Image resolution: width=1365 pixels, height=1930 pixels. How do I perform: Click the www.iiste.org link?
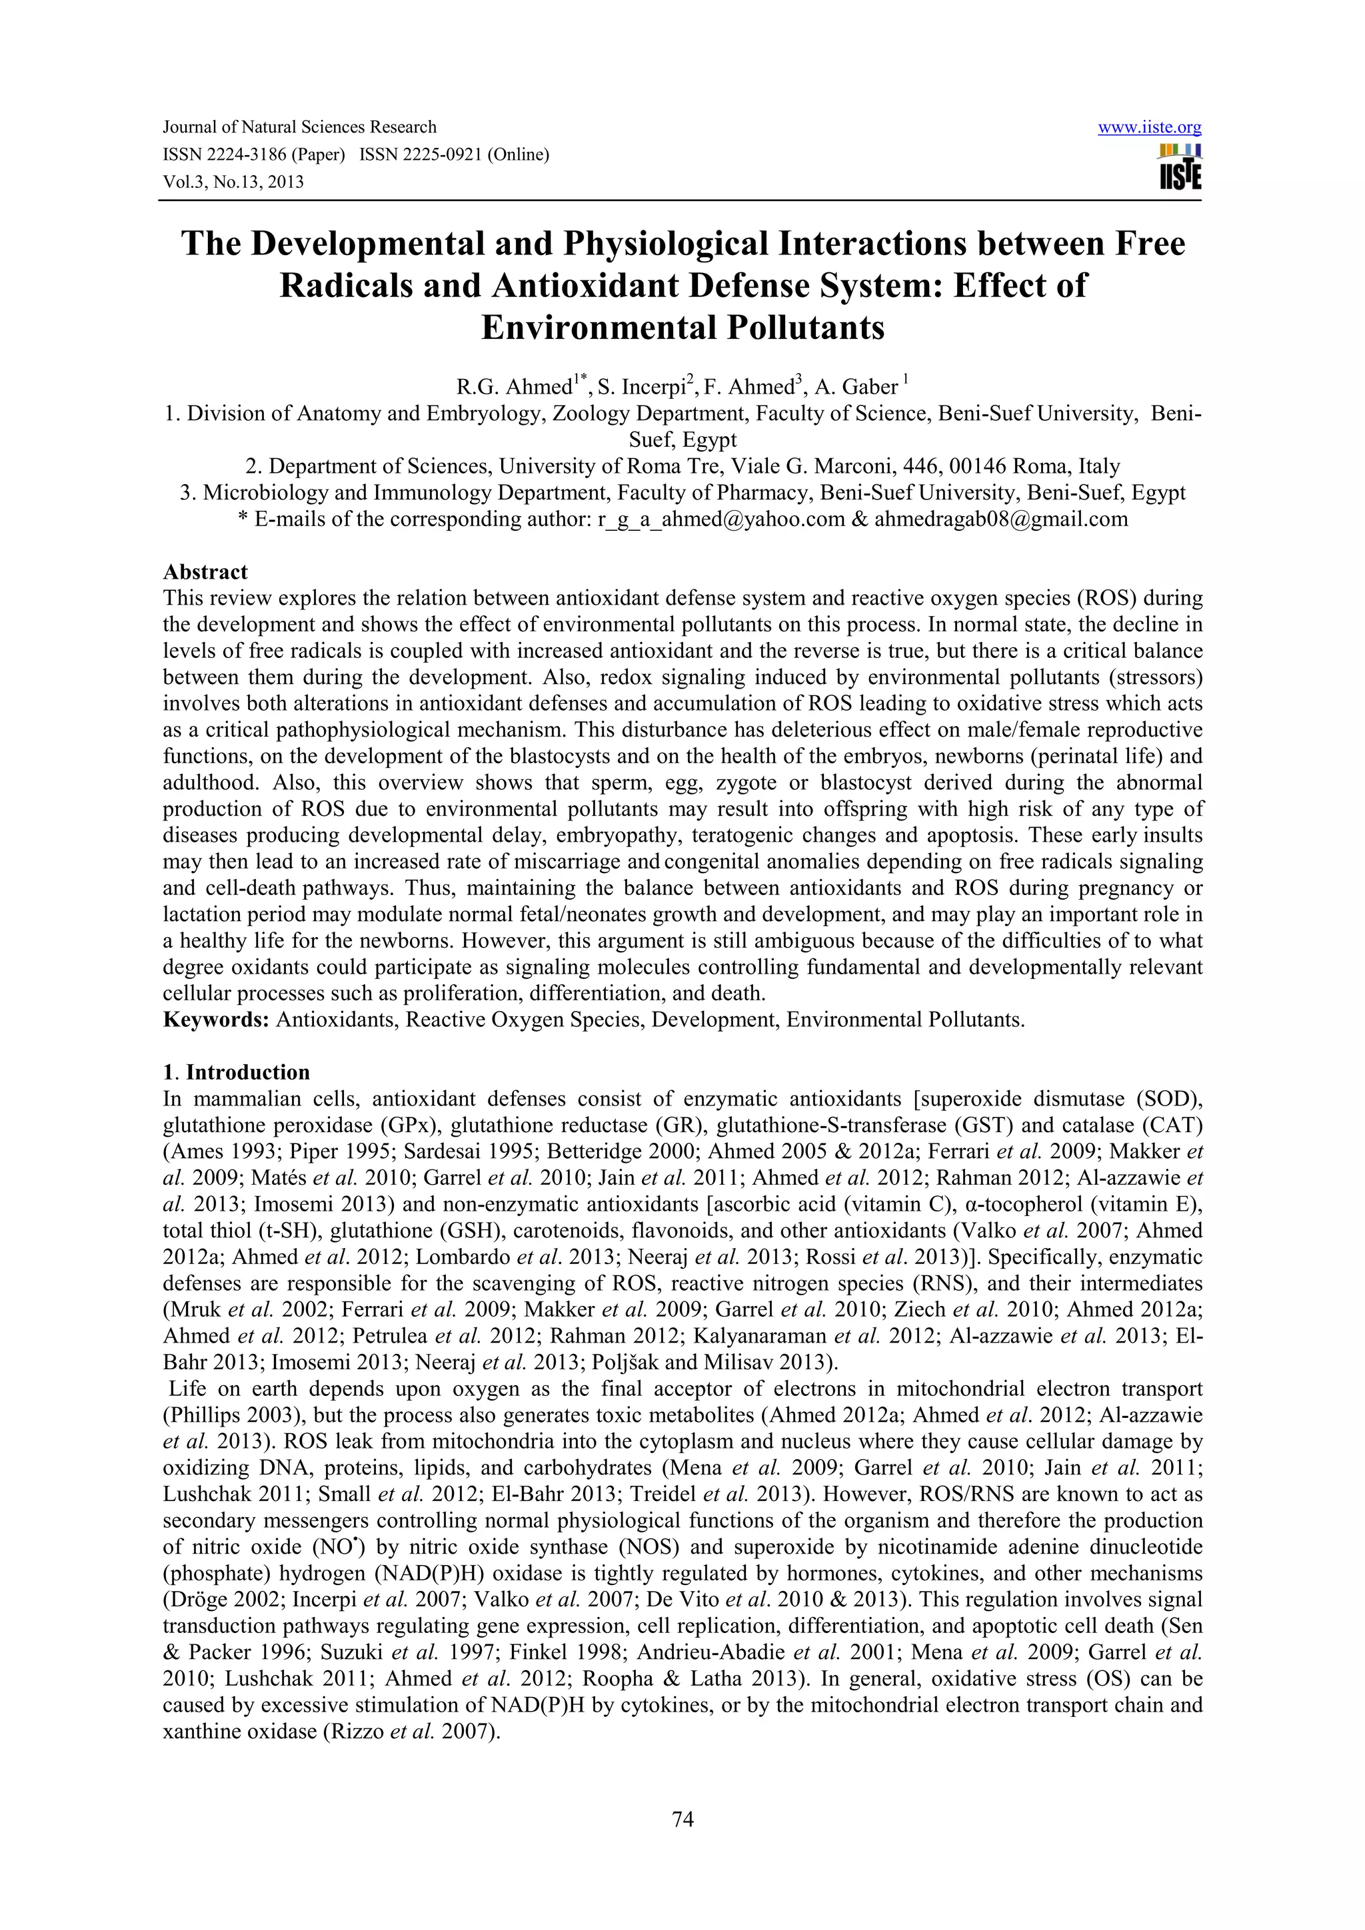(1149, 128)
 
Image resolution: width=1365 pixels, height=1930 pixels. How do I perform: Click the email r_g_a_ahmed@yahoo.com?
(720, 519)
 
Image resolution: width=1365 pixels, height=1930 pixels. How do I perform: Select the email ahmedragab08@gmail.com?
(1001, 519)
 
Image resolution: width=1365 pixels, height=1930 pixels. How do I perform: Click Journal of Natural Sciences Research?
(299, 128)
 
